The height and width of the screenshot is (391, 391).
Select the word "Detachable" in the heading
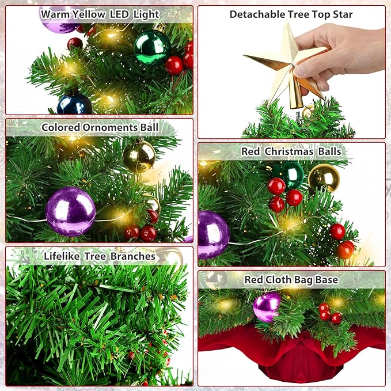257,14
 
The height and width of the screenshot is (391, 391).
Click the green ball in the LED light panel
152,47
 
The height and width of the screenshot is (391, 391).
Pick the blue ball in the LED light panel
74,104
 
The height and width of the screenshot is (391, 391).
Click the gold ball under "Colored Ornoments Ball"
139,156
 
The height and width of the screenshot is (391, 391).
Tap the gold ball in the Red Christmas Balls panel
324,178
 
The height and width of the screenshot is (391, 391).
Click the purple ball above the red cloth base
267,306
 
